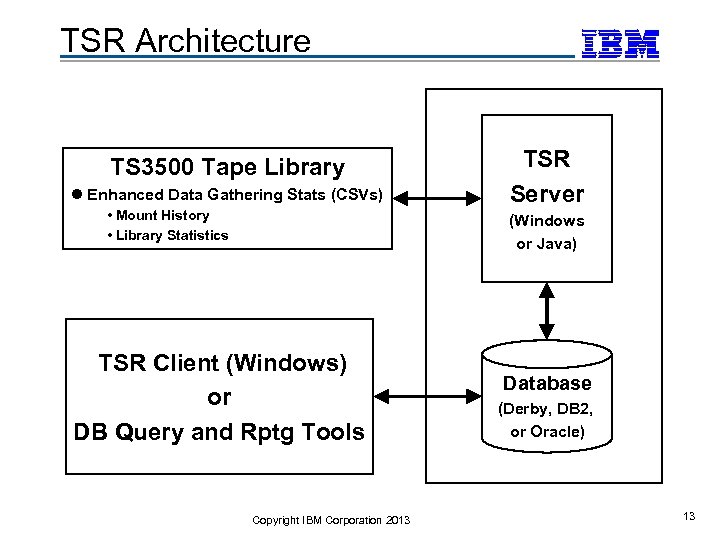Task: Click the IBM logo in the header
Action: coord(621,43)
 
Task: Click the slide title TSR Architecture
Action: coord(186,41)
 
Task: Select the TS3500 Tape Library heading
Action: coord(227,167)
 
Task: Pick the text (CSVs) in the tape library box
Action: coord(356,195)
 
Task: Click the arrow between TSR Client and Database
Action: coord(427,397)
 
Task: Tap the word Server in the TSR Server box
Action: coord(547,193)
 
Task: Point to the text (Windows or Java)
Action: coord(547,232)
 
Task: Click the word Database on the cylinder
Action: coord(547,383)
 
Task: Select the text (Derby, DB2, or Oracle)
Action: coord(547,420)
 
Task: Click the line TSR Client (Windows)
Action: coord(222,363)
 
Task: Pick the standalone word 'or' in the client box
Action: coord(219,397)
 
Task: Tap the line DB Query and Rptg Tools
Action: coord(219,432)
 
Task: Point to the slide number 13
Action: coord(688,516)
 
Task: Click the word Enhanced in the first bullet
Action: coord(125,195)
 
